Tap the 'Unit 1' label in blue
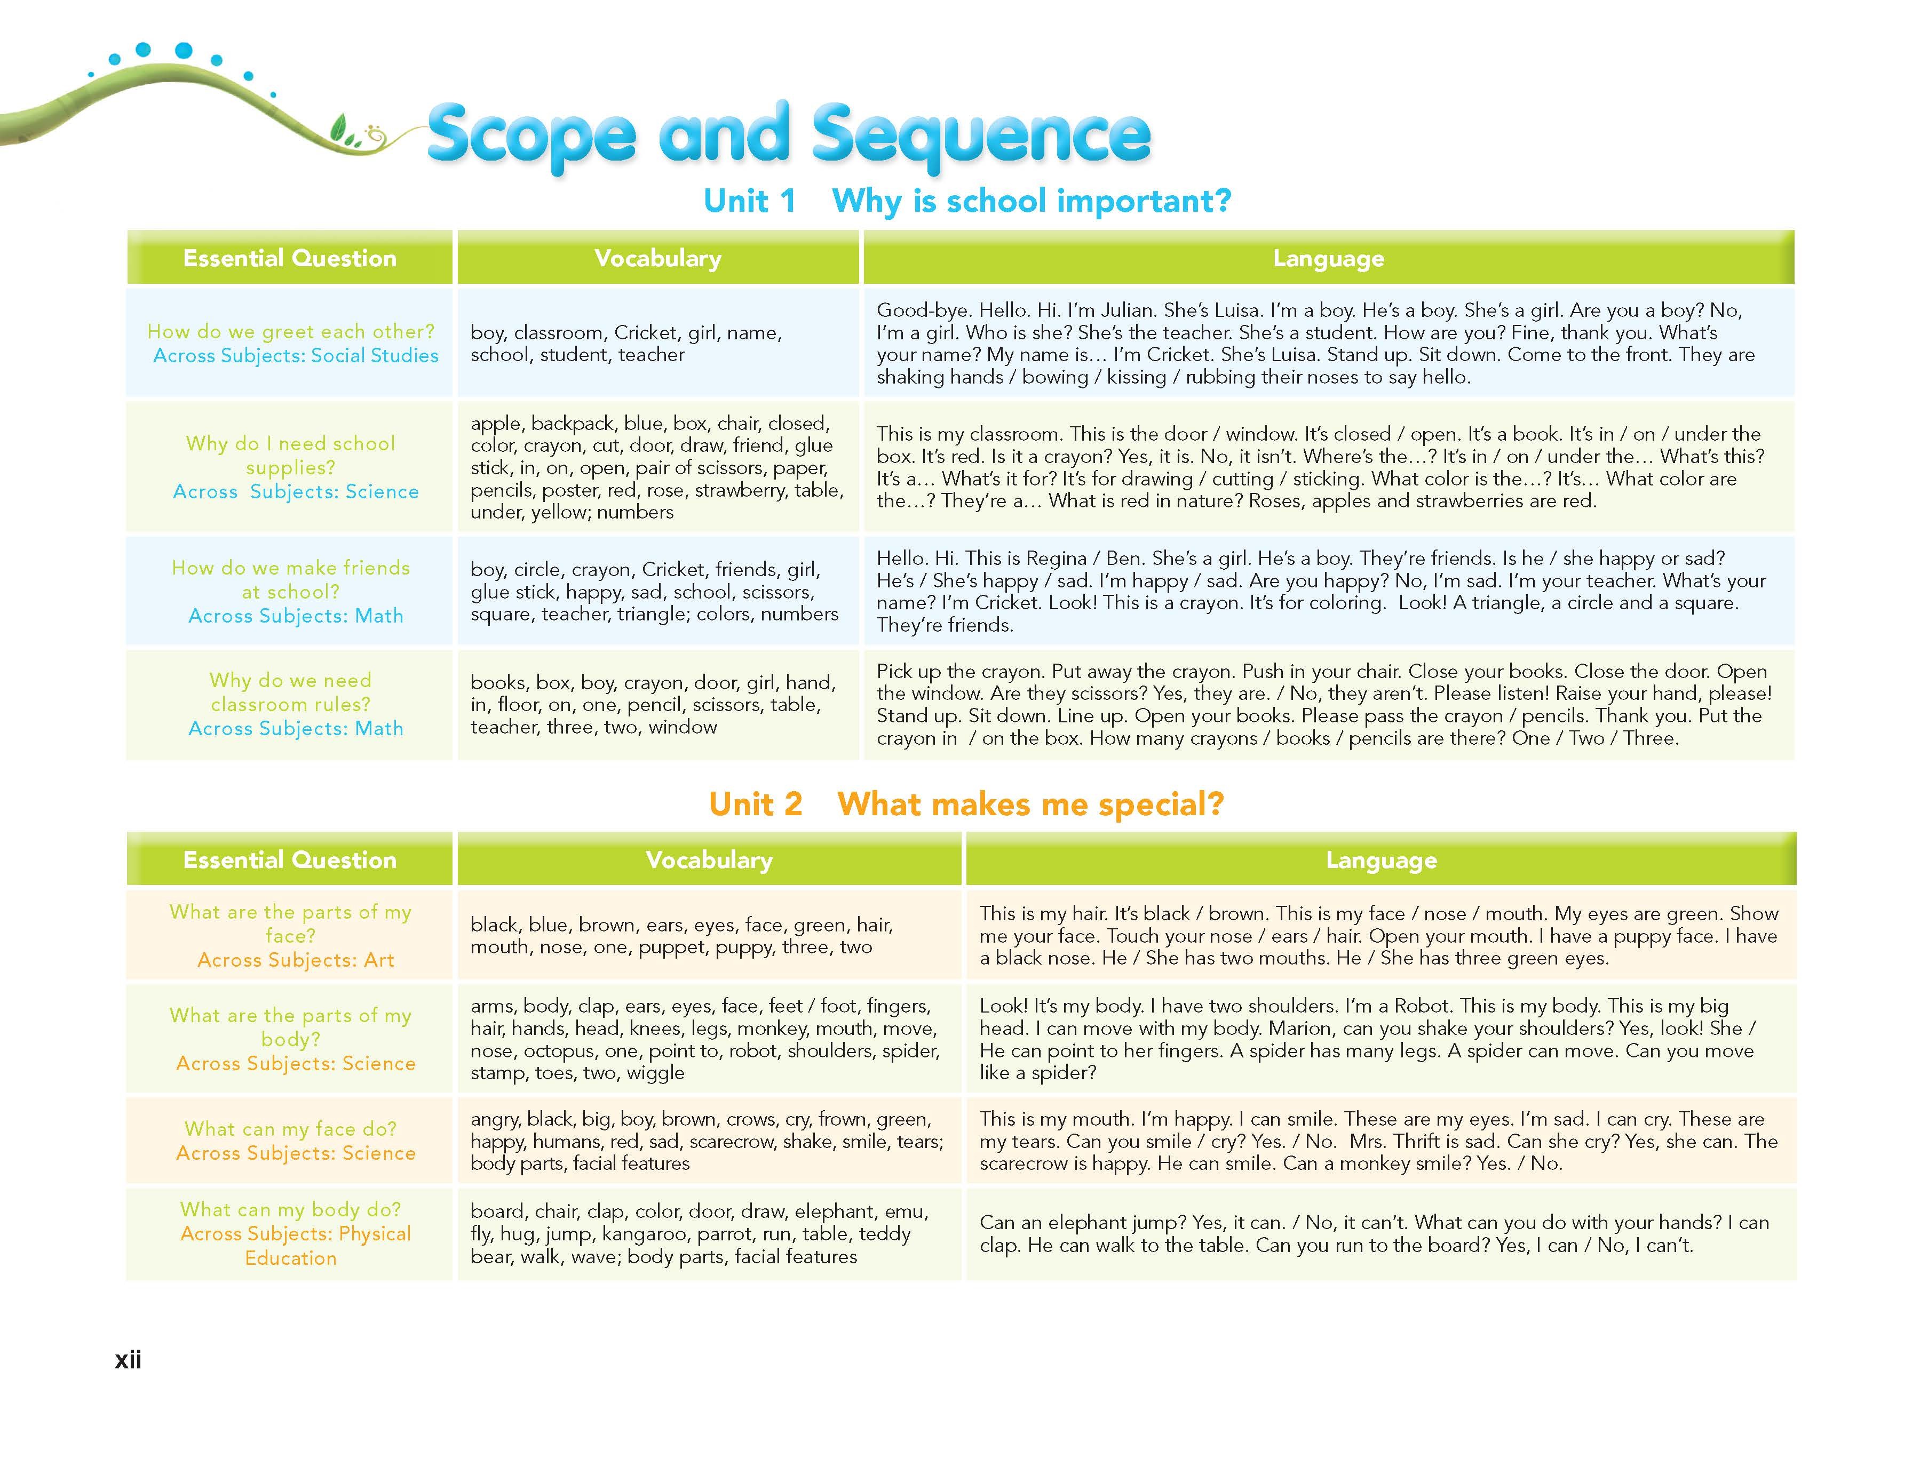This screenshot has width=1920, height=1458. tap(749, 201)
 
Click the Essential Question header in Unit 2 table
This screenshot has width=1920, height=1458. tap(289, 860)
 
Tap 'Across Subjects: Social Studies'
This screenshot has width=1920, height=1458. tap(296, 356)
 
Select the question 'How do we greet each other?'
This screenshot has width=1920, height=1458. tap(291, 331)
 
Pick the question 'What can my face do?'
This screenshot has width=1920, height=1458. tap(291, 1129)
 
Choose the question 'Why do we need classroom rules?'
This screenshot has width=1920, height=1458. tap(291, 692)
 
